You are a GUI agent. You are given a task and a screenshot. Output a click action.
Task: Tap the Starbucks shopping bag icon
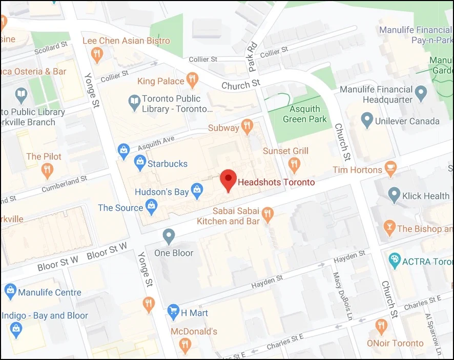[140, 163]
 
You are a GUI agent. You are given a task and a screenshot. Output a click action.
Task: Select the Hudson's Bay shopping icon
[197, 192]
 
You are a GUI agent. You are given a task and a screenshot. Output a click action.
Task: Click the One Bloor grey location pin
[169, 236]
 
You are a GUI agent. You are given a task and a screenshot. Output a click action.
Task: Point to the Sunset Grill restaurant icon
[294, 165]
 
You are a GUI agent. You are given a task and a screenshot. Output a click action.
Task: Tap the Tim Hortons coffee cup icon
[391, 169]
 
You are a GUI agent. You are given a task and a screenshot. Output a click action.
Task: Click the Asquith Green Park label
[305, 114]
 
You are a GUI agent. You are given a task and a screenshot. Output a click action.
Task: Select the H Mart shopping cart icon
[173, 311]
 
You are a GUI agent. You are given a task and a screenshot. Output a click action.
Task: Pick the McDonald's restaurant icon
[185, 346]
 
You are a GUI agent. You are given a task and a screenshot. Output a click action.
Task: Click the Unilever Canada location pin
[367, 121]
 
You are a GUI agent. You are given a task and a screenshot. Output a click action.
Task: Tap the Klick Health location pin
[394, 194]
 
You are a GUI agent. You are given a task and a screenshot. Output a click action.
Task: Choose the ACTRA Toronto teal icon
[394, 261]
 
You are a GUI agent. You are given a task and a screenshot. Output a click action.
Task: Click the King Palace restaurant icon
[192, 79]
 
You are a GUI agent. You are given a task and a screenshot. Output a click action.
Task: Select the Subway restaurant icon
[247, 126]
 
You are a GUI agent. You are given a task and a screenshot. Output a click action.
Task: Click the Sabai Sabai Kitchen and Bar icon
[267, 214]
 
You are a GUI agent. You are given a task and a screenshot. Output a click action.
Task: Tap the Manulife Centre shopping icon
[10, 291]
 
